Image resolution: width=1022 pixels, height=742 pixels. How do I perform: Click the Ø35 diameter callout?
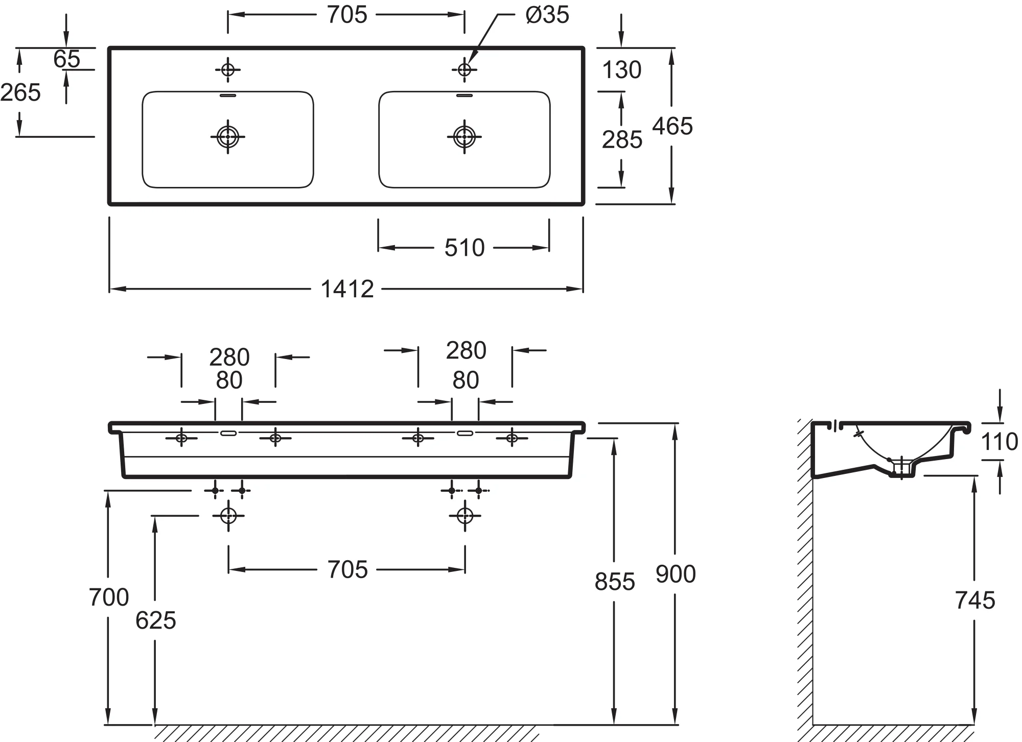(547, 15)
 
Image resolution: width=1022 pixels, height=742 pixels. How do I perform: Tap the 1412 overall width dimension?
(347, 289)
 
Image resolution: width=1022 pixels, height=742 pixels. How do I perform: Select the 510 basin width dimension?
(464, 248)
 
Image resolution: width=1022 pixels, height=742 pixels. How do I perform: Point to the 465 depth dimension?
(672, 126)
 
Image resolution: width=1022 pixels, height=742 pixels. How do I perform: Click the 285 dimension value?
(622, 139)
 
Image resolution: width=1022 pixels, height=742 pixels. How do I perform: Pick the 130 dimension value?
(621, 69)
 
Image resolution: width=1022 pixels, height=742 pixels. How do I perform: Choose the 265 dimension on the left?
(20, 92)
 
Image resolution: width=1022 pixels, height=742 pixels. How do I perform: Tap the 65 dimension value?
(66, 59)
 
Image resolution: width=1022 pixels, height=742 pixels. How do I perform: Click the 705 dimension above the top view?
(347, 15)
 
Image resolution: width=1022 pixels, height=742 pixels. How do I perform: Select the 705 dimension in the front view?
(347, 569)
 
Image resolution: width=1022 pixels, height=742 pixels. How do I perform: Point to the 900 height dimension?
(676, 574)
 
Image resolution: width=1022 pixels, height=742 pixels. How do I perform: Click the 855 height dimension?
(615, 582)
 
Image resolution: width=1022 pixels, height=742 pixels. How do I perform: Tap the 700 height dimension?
(109, 597)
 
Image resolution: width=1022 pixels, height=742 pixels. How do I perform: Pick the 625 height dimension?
(156, 620)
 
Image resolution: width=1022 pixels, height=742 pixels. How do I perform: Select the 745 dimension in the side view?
(975, 601)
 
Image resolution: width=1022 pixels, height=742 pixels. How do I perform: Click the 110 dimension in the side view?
(1000, 442)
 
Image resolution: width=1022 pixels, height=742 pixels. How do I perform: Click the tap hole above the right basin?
(464, 69)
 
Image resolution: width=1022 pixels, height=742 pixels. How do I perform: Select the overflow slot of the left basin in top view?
(228, 95)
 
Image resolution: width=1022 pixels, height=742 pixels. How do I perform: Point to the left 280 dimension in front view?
(229, 357)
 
